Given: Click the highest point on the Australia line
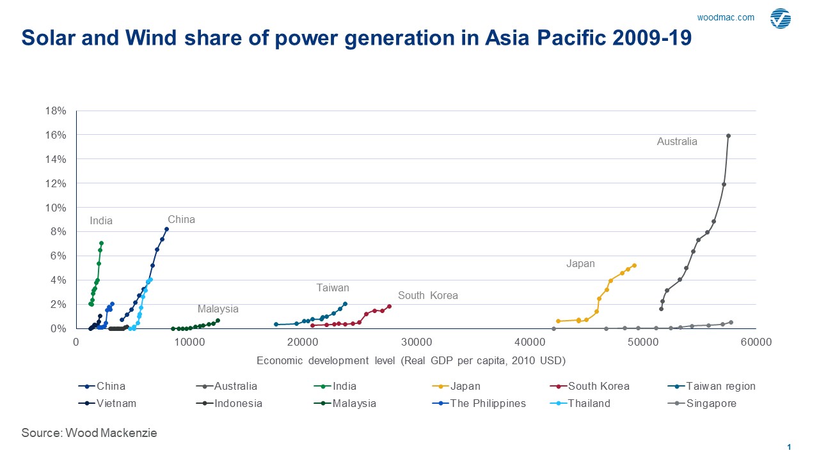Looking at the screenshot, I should click(728, 135).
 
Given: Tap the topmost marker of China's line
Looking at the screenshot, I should click(166, 229).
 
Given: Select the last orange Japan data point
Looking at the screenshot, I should click(634, 265).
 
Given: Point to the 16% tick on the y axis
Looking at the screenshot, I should click(56, 135).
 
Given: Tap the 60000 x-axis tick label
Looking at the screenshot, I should click(756, 342).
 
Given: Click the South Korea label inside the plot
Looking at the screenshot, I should click(427, 296).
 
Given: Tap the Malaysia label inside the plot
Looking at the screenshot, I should click(218, 309).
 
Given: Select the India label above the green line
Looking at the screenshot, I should click(101, 221).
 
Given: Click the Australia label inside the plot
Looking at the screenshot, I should click(677, 142).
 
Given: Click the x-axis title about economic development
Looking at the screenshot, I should click(411, 360).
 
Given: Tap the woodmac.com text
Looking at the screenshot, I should click(726, 17).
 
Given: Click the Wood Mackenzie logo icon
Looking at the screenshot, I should click(781, 19).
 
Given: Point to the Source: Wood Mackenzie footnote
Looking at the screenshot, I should click(89, 433).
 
